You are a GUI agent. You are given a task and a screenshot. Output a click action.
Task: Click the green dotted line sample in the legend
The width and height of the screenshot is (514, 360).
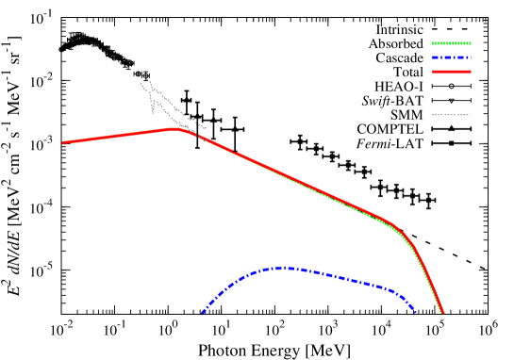tap(451, 43)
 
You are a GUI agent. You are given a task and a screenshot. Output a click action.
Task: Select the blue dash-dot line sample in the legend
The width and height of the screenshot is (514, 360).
tap(451, 57)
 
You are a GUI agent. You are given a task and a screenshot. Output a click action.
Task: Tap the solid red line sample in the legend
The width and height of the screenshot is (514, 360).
tap(451, 72)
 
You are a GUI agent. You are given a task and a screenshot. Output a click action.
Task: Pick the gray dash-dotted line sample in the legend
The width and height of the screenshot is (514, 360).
tap(451, 115)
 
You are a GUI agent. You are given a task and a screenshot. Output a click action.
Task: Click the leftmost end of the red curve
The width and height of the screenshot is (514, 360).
tap(64, 142)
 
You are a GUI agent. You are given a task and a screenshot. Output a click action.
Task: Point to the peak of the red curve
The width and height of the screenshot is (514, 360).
tap(179, 129)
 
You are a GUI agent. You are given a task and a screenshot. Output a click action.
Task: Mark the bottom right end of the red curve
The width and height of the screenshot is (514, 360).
tap(442, 313)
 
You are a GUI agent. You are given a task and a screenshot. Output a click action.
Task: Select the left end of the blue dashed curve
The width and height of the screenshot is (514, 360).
tap(203, 313)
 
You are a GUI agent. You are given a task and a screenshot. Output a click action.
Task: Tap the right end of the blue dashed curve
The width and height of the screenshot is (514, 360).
tap(415, 310)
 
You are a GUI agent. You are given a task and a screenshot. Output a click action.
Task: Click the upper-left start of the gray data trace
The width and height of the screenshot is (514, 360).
tap(141, 74)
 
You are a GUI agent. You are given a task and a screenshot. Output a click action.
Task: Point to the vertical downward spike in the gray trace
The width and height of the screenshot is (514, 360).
tap(153, 107)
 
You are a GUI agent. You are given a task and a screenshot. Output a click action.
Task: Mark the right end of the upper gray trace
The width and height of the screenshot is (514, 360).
tap(206, 127)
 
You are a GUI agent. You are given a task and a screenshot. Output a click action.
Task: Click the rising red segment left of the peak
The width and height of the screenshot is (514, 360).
tap(123, 136)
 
